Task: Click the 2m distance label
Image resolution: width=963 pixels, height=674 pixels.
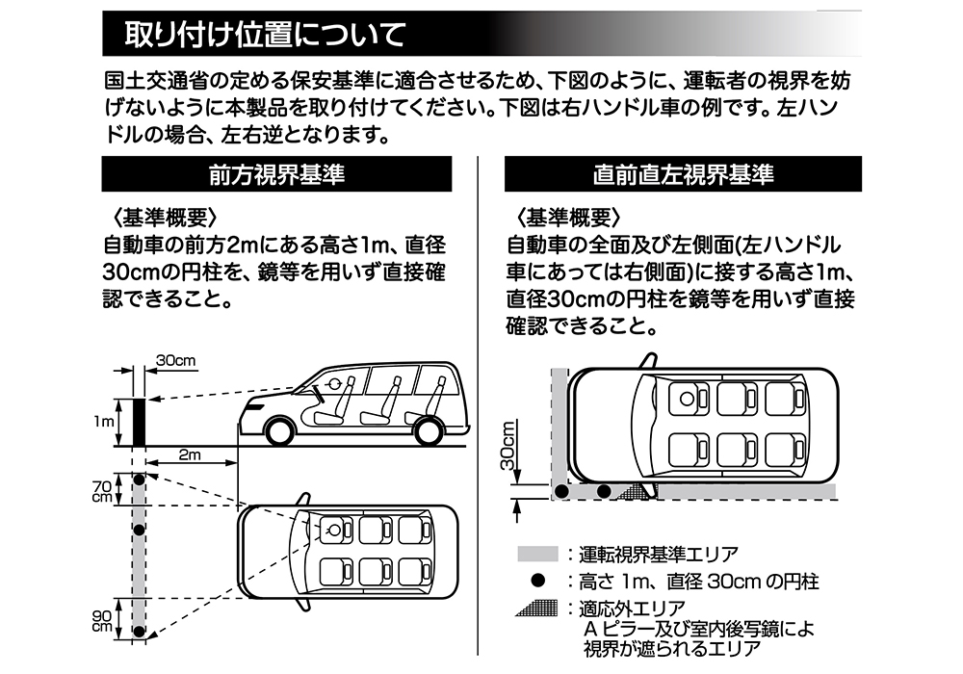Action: tap(189, 454)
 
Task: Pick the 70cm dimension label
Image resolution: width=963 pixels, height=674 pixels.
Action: tap(101, 489)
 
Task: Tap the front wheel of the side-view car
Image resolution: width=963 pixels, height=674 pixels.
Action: tap(279, 430)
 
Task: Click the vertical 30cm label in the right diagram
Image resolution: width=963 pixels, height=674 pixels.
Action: tap(508, 445)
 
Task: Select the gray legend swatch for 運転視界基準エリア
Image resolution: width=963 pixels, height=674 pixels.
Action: tap(537, 555)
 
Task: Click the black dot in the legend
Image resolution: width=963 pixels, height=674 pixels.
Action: tap(537, 582)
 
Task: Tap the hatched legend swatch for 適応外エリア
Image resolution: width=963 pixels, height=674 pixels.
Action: tap(537, 609)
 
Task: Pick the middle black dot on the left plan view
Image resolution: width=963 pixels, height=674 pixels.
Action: tap(139, 530)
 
